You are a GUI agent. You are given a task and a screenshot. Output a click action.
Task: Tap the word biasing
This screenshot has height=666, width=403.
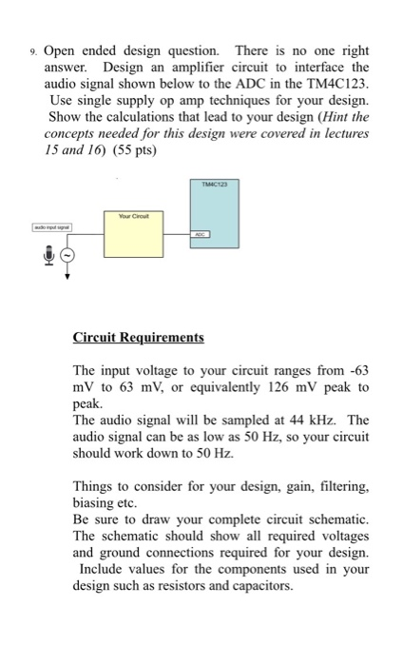(x=93, y=504)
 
